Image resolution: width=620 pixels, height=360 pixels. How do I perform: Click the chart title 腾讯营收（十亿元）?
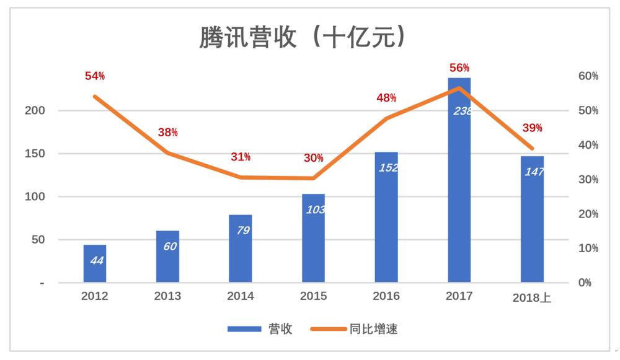(x=303, y=37)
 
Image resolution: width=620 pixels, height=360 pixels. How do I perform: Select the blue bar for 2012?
(x=95, y=263)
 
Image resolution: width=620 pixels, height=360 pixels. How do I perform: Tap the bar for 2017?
(x=459, y=180)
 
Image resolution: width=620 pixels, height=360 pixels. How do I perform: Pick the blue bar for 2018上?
(x=532, y=219)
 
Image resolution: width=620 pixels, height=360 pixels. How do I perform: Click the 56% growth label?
(x=459, y=68)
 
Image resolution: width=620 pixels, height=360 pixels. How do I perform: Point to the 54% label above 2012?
(x=95, y=76)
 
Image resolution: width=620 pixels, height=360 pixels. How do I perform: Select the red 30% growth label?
(x=314, y=158)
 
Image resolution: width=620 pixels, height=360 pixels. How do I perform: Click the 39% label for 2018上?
(x=532, y=128)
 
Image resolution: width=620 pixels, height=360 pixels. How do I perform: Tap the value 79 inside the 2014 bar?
(x=243, y=230)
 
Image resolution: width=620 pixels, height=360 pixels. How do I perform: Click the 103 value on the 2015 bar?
(x=316, y=210)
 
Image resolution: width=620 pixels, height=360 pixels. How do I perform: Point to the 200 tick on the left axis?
(x=35, y=110)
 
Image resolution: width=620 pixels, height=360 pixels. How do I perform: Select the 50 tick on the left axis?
(x=38, y=239)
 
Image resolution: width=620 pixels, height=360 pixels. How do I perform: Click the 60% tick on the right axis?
(x=588, y=76)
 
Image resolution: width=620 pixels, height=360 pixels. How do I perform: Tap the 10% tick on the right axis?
(x=588, y=248)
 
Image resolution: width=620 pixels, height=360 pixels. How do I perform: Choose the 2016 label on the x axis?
(x=386, y=296)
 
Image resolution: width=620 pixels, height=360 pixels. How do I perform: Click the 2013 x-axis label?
(x=167, y=296)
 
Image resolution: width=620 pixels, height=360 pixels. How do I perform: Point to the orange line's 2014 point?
(x=241, y=177)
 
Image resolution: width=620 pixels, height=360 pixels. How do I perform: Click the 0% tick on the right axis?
(x=585, y=283)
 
